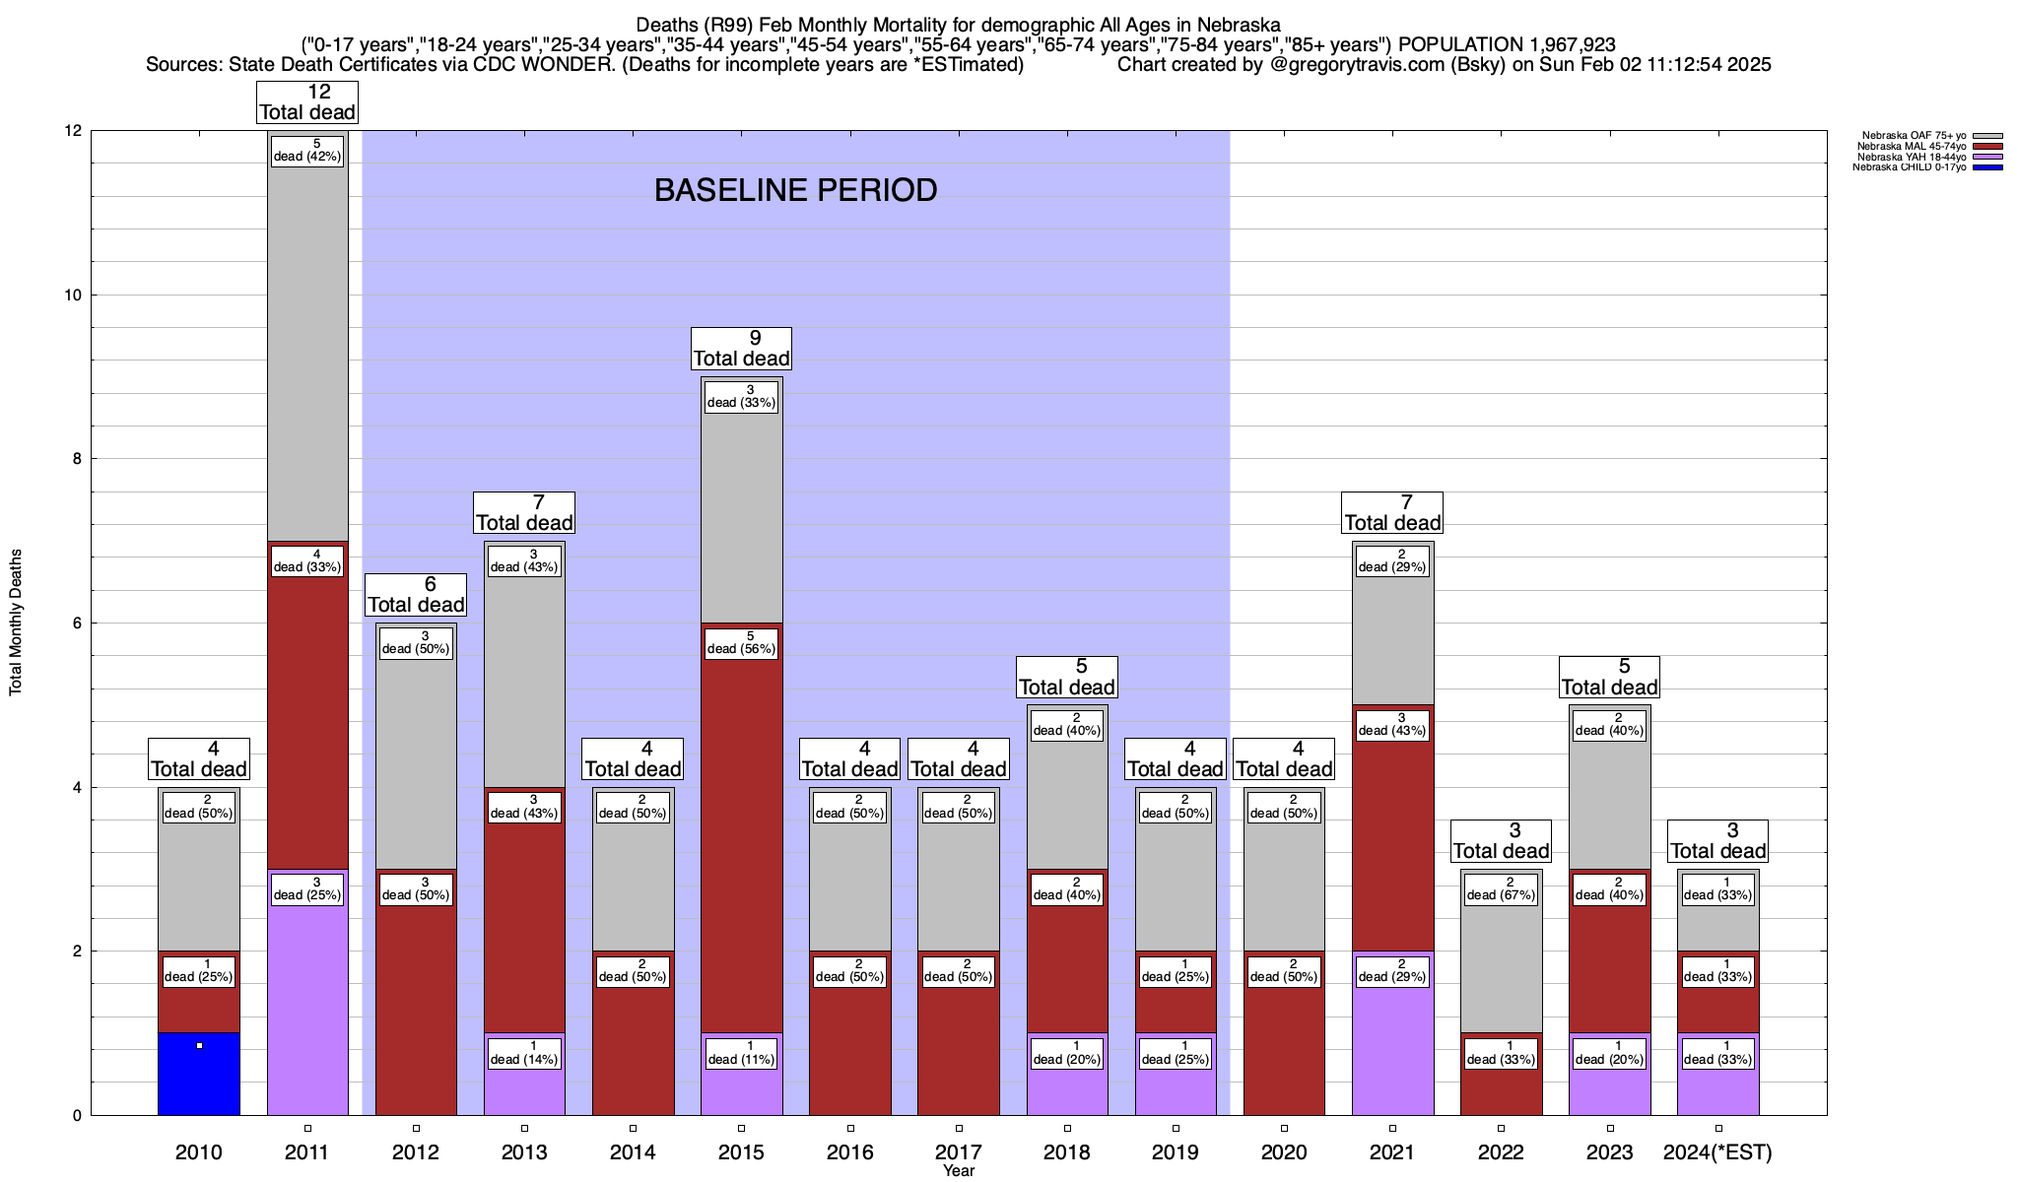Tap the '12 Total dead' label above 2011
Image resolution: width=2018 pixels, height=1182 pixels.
(x=307, y=101)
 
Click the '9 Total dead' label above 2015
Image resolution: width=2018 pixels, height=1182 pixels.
(x=741, y=348)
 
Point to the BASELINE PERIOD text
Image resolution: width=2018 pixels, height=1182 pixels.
(x=795, y=190)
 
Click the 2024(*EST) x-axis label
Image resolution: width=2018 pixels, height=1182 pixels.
(x=1717, y=1152)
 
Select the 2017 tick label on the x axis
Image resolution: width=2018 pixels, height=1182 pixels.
(x=958, y=1152)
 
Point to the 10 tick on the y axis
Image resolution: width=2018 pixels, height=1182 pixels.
(x=74, y=295)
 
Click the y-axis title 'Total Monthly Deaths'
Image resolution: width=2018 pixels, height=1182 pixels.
(x=16, y=623)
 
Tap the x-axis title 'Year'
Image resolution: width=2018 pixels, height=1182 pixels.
(x=958, y=1171)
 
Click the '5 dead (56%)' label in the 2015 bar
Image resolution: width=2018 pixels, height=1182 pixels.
(x=741, y=642)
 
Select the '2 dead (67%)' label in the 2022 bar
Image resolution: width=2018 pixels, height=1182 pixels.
(x=1501, y=888)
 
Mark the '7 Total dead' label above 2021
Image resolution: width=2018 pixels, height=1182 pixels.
(x=1392, y=512)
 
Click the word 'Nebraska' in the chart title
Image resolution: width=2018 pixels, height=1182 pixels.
(x=1239, y=25)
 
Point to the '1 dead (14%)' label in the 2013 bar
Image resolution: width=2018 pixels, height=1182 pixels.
(x=524, y=1053)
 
